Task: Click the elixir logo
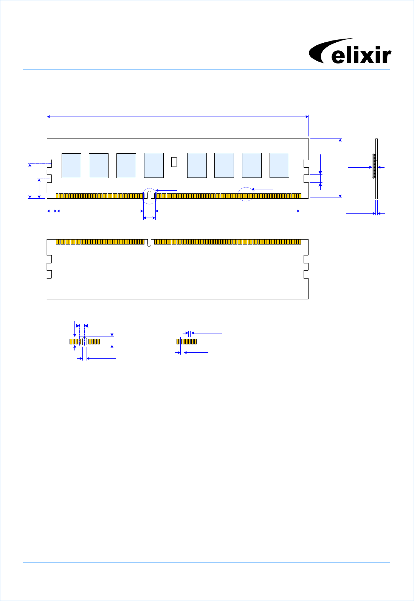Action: point(350,51)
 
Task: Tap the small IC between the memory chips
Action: point(174,162)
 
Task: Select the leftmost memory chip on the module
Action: point(71,165)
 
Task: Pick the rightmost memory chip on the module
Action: point(279,165)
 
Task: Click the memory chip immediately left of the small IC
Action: point(154,165)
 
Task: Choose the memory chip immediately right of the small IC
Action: point(197,165)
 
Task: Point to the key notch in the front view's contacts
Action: point(149,195)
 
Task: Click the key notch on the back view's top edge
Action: point(149,243)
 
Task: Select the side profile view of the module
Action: point(376,169)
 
